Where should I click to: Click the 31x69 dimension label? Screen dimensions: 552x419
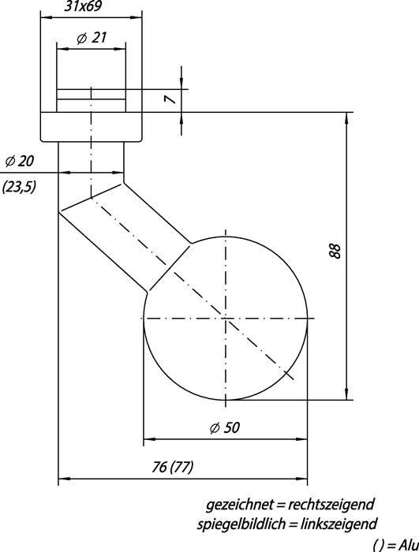91,7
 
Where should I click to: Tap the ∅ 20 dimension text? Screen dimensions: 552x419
20,161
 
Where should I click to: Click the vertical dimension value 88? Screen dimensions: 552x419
335,252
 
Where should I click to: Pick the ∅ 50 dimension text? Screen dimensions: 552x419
224,427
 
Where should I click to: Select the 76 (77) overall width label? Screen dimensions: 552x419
171,468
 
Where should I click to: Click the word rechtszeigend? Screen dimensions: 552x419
331,504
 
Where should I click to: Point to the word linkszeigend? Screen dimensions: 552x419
336,523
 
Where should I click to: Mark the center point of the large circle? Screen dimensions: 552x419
225,318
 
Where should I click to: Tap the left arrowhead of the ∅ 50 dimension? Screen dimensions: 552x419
148,439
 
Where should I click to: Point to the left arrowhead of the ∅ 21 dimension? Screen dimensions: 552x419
61,48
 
